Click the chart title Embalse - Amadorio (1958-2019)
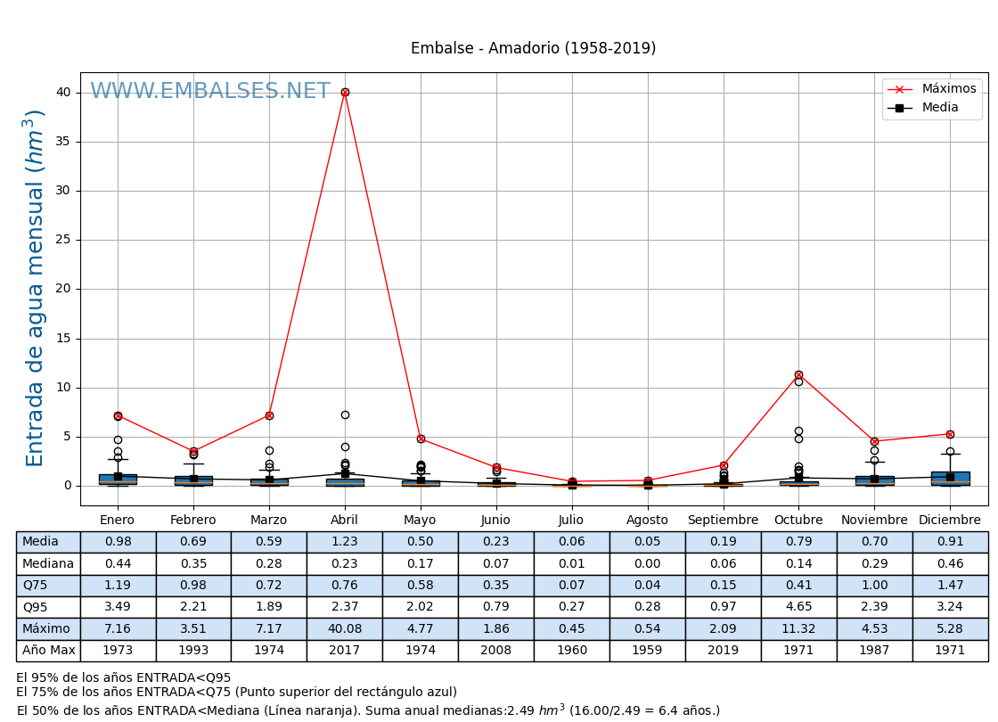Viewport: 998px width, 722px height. click(x=533, y=48)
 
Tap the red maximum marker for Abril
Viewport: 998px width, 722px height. click(x=345, y=92)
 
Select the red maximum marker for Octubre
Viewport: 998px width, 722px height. click(x=798, y=374)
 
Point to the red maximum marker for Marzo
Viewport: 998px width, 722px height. click(x=269, y=415)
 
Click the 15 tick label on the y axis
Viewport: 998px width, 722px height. click(x=62, y=339)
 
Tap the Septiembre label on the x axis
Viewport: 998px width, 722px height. click(x=723, y=521)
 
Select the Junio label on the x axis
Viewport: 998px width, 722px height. click(x=495, y=521)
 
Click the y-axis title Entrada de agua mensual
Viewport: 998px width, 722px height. click(x=35, y=288)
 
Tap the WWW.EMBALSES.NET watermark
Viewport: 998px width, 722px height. click(x=209, y=92)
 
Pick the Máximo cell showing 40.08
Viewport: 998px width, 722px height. click(x=345, y=628)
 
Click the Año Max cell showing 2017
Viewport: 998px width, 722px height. click(x=345, y=651)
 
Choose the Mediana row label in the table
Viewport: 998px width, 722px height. click(x=48, y=563)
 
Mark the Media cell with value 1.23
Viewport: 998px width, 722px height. click(x=345, y=542)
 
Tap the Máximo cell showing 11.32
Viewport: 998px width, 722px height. click(x=798, y=628)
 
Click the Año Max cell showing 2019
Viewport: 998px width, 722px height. click(x=723, y=651)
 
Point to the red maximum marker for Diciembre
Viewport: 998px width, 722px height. click(x=950, y=434)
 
